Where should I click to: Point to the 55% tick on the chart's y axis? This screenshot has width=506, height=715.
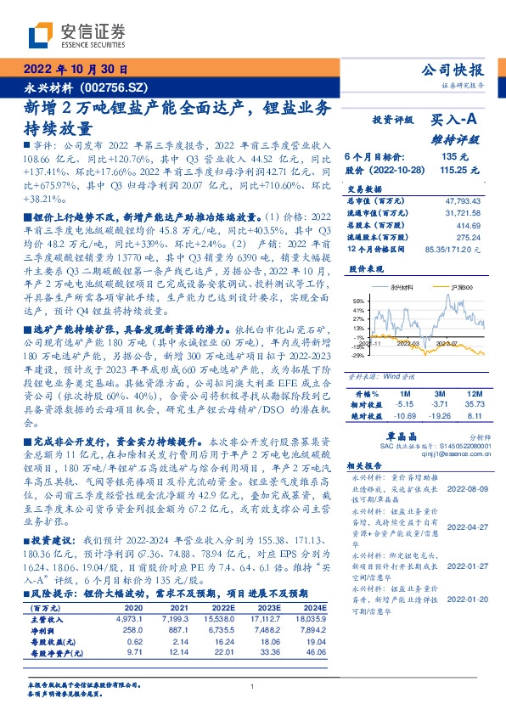(x=357, y=301)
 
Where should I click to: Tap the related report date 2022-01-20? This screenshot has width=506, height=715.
(x=466, y=576)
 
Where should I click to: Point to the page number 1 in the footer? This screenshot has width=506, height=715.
(x=253, y=685)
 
